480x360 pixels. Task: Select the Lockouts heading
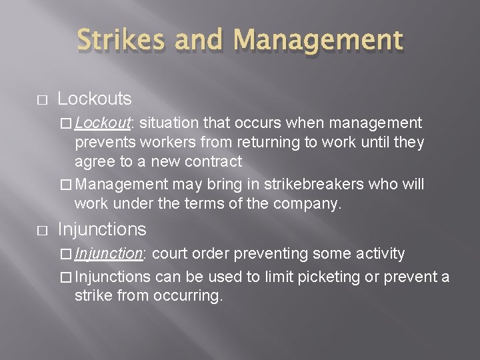(95, 99)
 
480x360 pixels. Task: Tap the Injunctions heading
(102, 229)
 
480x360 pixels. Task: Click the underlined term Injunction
(109, 253)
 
